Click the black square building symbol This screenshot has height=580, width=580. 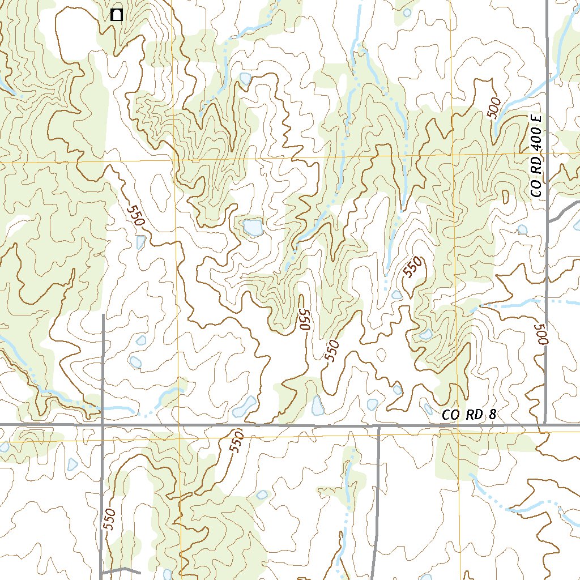pyautogui.click(x=117, y=15)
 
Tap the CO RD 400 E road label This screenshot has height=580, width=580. pyautogui.click(x=537, y=155)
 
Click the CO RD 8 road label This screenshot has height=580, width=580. pyautogui.click(x=469, y=415)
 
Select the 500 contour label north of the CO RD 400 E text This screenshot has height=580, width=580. pyautogui.click(x=494, y=108)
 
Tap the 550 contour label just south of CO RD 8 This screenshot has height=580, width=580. pyautogui.click(x=237, y=441)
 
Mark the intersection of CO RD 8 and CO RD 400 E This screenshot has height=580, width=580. pyautogui.click(x=545, y=424)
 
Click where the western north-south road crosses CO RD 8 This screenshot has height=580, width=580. pyautogui.click(x=103, y=424)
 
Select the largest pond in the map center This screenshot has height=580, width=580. pyautogui.click(x=252, y=228)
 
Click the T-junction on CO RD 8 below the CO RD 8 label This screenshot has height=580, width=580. pyautogui.click(x=378, y=426)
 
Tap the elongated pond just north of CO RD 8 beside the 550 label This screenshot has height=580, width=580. pyautogui.click(x=318, y=405)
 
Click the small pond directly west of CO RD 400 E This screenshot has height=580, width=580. pyautogui.click(x=522, y=229)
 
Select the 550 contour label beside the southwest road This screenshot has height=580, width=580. pyautogui.click(x=110, y=519)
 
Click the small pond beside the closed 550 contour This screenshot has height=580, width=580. pyautogui.click(x=397, y=295)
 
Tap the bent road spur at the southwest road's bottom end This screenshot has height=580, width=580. pyautogui.click(x=122, y=569)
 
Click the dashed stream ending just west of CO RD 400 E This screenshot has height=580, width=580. pyautogui.click(x=510, y=305)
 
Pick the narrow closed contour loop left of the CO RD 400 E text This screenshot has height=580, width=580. pyautogui.click(x=505, y=196)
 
